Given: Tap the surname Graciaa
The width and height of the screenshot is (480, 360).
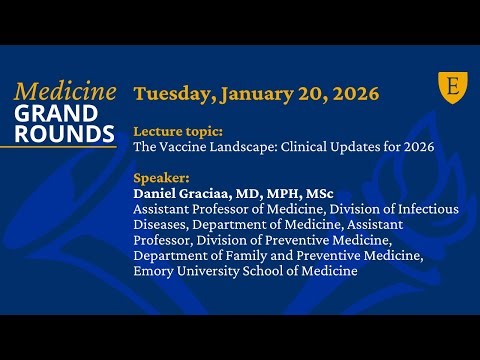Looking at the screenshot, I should click(x=208, y=194).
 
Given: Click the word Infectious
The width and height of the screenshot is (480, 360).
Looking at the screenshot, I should click(x=425, y=208).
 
